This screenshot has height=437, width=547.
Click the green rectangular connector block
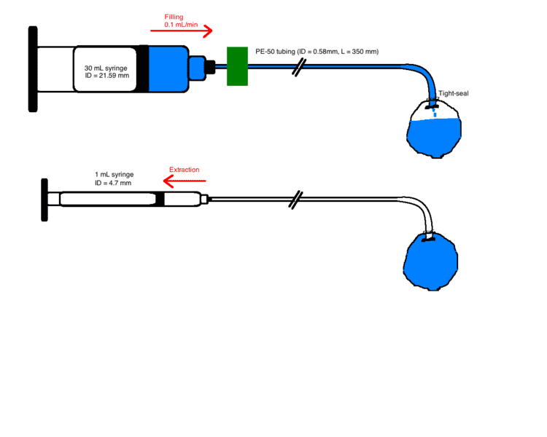point(237,66)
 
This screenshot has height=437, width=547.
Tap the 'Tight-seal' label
point(453,93)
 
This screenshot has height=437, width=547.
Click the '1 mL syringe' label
point(113,175)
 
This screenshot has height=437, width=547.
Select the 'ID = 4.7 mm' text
point(113,183)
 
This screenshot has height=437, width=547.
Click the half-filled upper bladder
point(435,130)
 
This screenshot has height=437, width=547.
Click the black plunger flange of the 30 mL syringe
point(33,69)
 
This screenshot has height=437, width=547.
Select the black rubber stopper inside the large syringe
point(142,68)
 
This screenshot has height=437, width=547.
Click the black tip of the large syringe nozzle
point(209,68)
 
